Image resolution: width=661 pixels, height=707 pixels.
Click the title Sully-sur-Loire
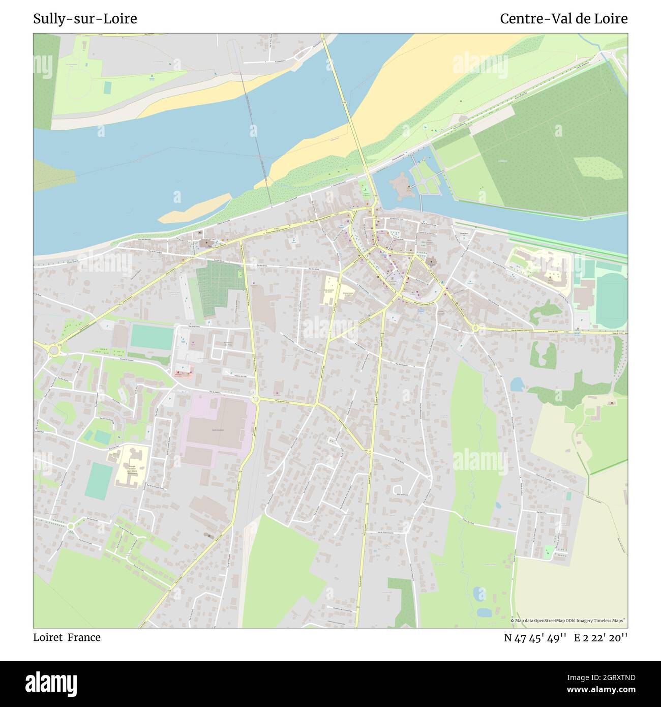click(x=85, y=19)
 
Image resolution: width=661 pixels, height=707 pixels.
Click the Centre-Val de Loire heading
click(x=563, y=19)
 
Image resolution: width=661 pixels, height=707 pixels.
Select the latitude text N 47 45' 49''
click(x=535, y=637)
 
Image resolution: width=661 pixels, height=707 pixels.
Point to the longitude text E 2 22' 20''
click(x=601, y=637)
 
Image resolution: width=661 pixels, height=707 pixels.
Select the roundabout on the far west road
click(x=53, y=350)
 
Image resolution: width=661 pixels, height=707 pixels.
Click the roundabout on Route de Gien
click(x=475, y=328)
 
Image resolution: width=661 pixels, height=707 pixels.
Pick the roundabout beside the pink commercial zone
click(x=256, y=400)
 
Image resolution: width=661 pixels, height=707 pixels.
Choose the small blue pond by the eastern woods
click(x=517, y=385)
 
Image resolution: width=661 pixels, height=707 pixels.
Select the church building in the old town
click(x=431, y=264)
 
